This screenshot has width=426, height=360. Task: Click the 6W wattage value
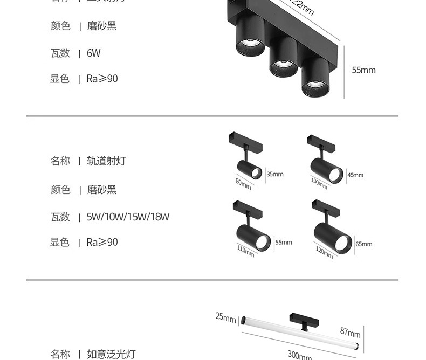93,53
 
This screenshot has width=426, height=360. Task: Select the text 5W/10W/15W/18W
128,217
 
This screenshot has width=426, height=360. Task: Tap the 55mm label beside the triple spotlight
363,70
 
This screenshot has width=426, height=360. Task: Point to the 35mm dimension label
274,174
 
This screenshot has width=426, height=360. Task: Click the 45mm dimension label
355,175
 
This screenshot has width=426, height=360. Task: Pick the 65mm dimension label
363,244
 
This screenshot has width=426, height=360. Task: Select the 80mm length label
243,183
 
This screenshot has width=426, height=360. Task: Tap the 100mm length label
319,183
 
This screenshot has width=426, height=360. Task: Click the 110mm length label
245,251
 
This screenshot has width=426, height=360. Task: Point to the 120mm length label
324,251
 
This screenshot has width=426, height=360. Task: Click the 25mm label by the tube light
226,317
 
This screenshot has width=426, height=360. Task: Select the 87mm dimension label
351,333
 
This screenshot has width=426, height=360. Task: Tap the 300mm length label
299,356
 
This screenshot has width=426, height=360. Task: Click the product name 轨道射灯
106,161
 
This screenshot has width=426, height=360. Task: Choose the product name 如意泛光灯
111,354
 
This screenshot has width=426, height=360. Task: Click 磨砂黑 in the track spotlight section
101,190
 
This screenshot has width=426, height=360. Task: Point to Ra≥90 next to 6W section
102,79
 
